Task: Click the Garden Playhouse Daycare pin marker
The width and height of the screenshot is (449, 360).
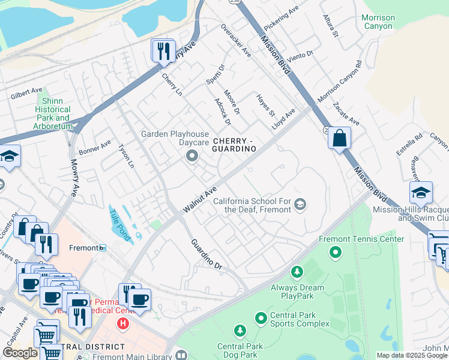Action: tap(192, 157)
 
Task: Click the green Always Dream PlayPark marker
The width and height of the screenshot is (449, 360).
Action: tap(297, 273)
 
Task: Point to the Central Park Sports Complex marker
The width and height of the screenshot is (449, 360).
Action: tap(261, 317)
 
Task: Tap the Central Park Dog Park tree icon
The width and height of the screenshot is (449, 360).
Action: tap(240, 331)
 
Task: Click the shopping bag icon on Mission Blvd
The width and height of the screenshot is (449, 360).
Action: tap(339, 138)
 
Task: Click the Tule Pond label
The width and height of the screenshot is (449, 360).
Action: tap(119, 223)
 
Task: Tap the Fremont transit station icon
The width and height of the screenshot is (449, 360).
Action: tap(103, 248)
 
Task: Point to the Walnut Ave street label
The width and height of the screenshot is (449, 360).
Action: tap(200, 199)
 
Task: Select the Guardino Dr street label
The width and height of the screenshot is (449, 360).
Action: tap(206, 254)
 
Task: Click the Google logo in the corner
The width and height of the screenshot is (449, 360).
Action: tap(20, 353)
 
